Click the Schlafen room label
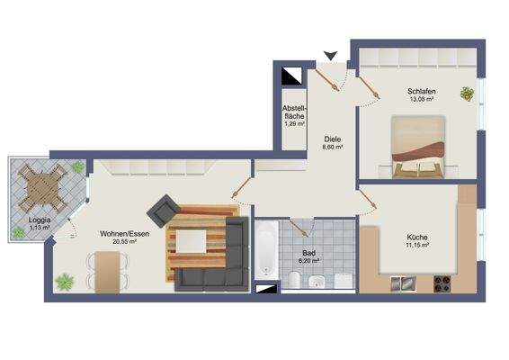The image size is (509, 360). coord(421,91)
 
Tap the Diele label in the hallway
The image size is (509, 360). coord(333,139)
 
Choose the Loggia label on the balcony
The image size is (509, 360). coord(39,220)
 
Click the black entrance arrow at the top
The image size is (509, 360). coord(330,56)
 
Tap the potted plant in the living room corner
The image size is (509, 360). coord(65,281)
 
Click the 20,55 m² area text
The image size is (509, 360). coord(124,241)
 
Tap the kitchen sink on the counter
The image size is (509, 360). coord(403,284)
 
